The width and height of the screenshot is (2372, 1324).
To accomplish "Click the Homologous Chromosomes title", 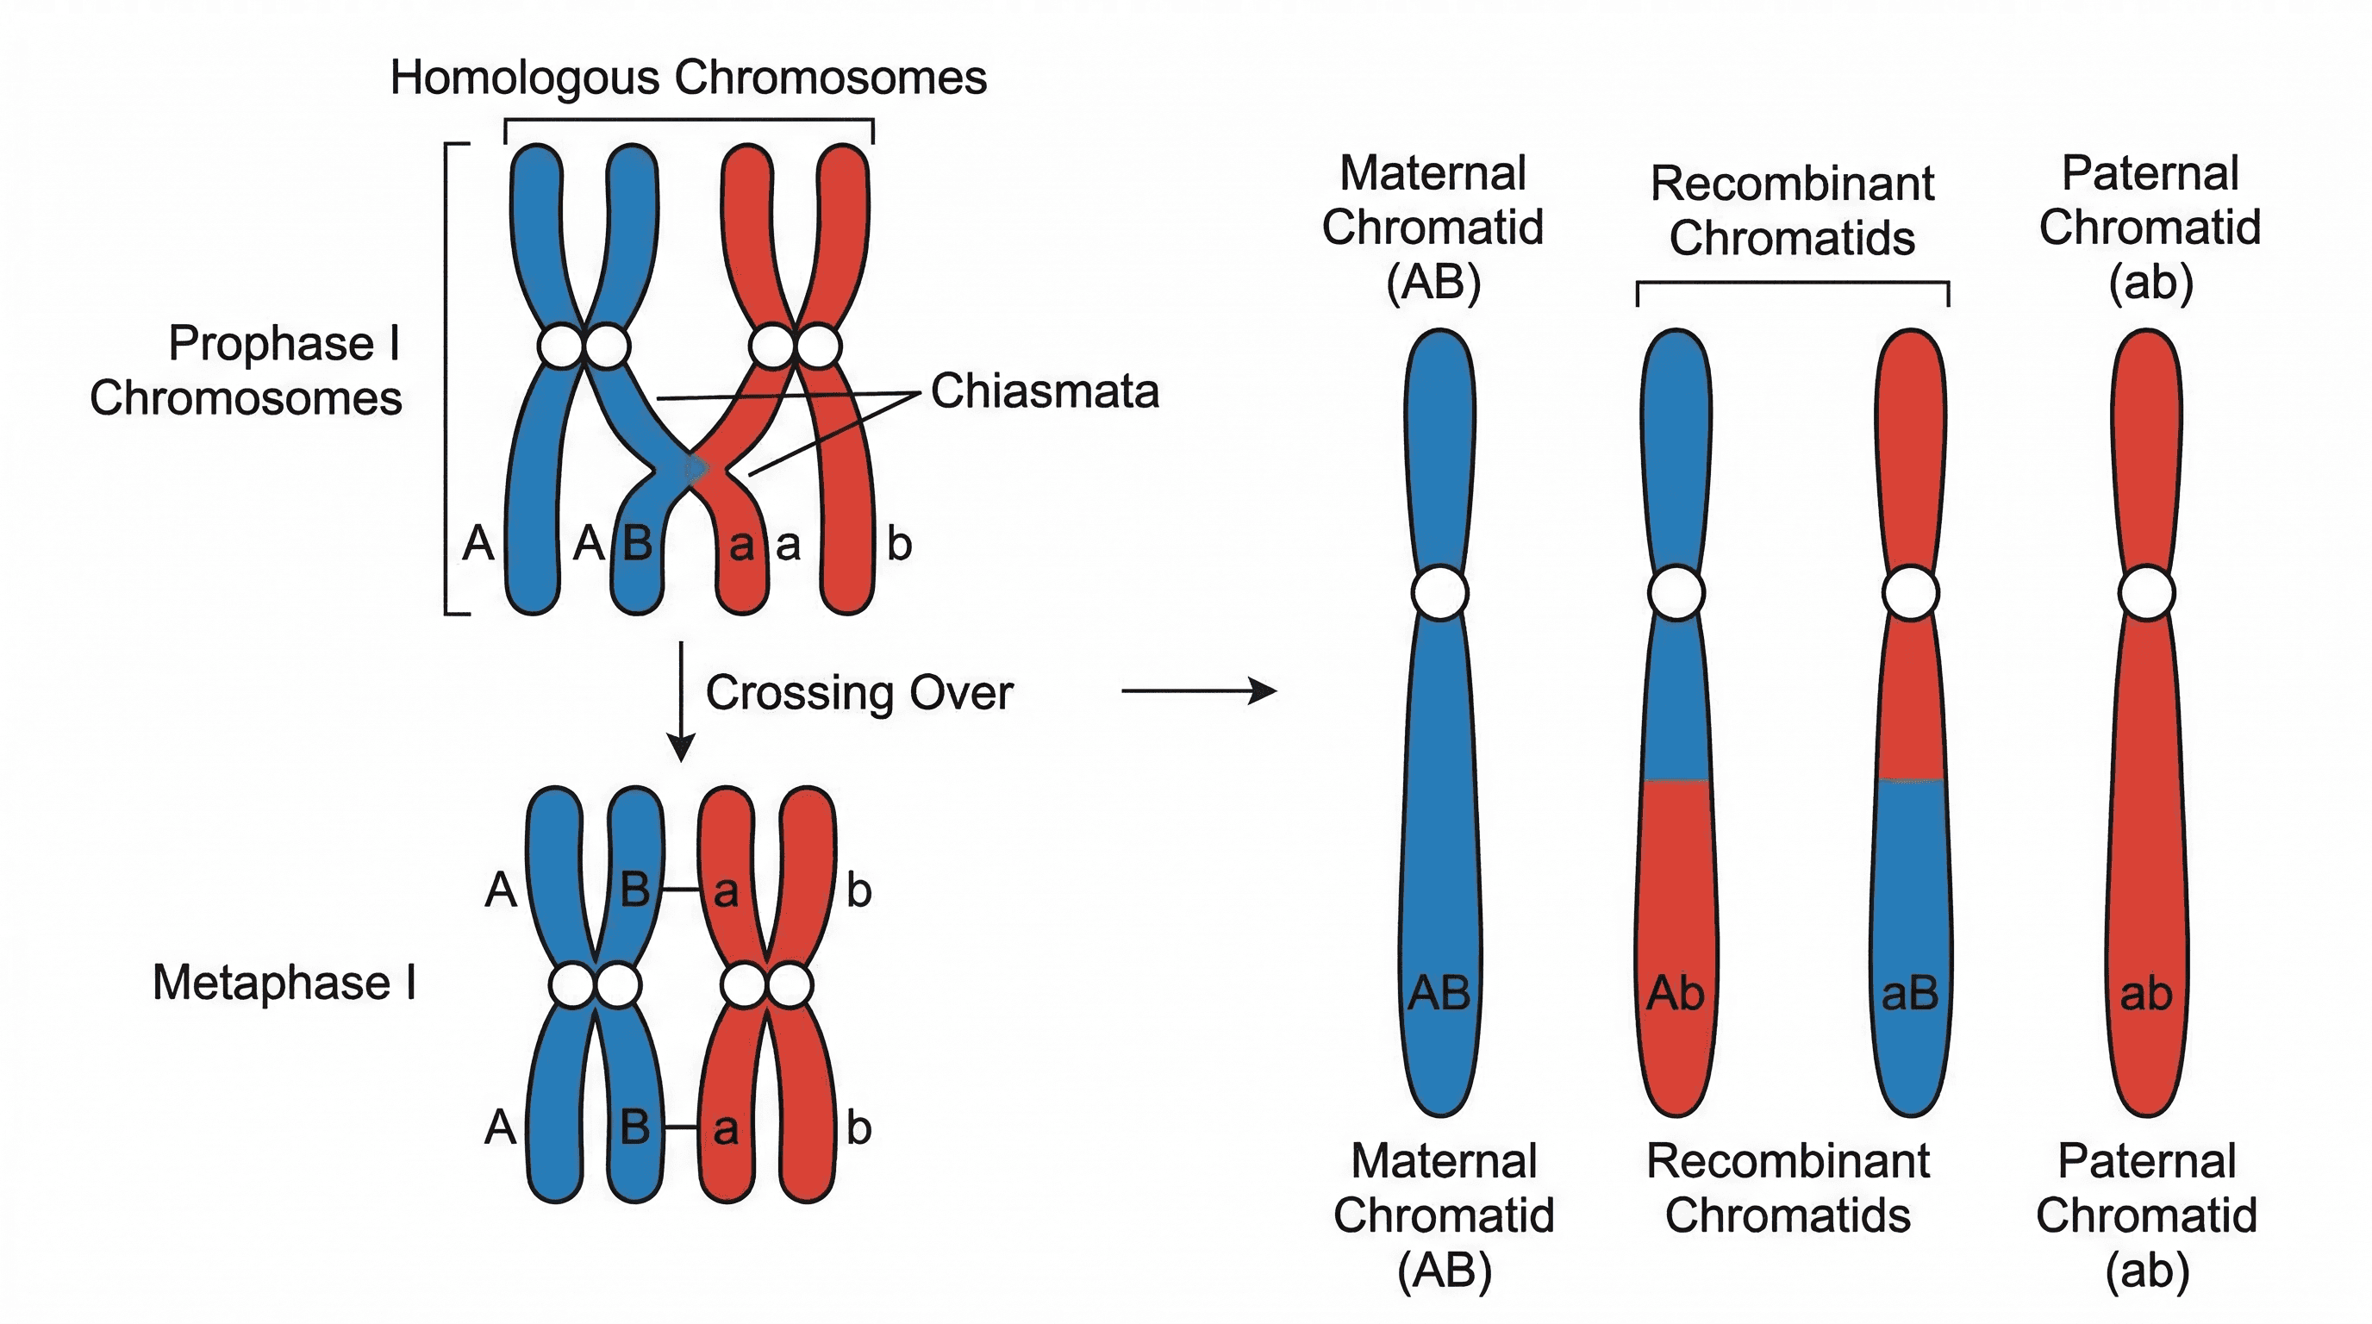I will tap(688, 78).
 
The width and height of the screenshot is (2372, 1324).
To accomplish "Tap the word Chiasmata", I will tap(1044, 391).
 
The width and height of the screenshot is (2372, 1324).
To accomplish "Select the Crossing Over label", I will tap(858, 692).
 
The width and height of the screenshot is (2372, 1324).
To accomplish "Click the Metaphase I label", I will tap(284, 983).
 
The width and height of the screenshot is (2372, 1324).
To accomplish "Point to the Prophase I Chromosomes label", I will tap(246, 370).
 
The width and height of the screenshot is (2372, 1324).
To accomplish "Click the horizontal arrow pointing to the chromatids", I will tap(1197, 690).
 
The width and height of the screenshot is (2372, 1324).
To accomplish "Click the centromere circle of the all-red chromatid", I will tap(2146, 593).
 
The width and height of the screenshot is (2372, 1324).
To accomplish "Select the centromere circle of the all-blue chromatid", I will tap(1440, 593).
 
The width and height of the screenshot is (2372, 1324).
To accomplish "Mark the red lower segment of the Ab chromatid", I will tap(1676, 875).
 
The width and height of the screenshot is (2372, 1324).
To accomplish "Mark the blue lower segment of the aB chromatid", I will tap(1911, 875).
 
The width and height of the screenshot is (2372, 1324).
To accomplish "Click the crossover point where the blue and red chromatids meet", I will tap(696, 470).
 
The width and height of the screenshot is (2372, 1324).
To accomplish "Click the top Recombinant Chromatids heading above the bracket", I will tap(1791, 211).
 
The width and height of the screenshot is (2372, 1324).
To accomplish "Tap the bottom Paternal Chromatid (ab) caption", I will tap(2145, 1215).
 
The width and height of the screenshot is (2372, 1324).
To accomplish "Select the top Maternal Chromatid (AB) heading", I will tap(1433, 228).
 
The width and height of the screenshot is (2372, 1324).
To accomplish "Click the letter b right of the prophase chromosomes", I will tap(899, 544).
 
